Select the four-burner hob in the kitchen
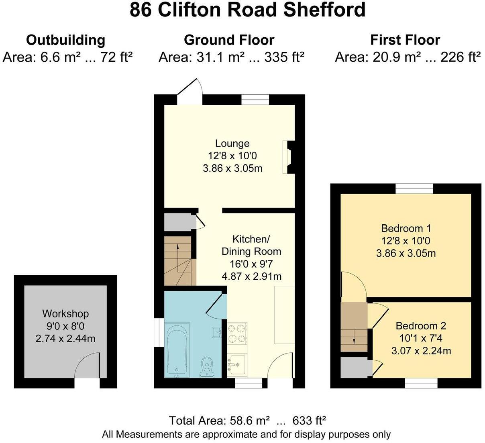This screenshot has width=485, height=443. coord(237,333)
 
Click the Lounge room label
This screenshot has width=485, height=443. coord(232,143)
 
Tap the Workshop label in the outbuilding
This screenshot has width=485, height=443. coord(65,313)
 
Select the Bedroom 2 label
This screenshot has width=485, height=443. coord(420,325)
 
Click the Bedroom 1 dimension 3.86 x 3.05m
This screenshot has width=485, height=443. coord(406,253)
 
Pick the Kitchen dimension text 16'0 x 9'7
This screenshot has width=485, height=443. coord(251,264)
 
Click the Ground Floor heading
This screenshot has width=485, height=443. coord(229,40)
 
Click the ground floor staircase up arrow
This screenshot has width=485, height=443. coord(177,247)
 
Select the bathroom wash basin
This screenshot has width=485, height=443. coord(216,331)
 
